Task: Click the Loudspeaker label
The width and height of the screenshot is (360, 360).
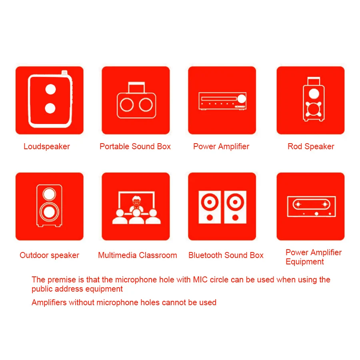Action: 47,146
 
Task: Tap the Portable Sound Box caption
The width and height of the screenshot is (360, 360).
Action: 135,146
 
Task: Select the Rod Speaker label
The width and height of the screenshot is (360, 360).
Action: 311,146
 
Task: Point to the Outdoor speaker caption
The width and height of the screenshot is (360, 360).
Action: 49,255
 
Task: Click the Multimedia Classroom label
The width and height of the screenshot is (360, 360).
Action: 138,255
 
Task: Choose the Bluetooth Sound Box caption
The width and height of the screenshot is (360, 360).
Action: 226,255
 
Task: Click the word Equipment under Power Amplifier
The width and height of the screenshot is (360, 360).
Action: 305,262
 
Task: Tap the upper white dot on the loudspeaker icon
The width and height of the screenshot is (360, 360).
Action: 50,89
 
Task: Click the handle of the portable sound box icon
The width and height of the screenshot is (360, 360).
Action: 136,87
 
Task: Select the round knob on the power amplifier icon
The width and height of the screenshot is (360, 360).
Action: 242,99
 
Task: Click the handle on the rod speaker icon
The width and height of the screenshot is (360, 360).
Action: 314,81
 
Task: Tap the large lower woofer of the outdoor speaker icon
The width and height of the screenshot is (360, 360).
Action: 49,212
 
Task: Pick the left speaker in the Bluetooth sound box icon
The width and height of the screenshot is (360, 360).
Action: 210,207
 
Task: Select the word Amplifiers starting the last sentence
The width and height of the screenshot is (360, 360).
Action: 49,303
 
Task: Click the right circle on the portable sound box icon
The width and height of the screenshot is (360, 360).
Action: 146,105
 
